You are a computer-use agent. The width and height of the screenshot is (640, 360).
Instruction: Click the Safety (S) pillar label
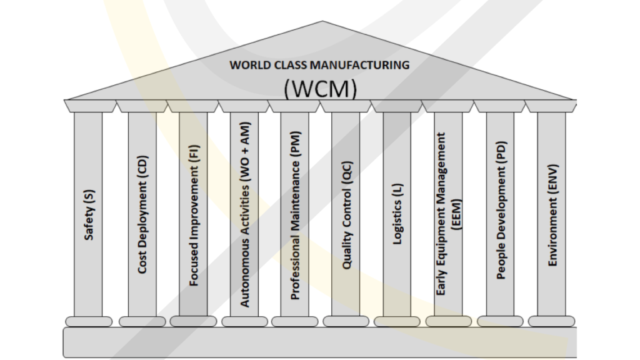tap(89, 216)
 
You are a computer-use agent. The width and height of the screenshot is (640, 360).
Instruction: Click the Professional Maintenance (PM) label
tap(295, 215)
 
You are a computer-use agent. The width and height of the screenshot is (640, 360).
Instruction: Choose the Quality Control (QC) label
tap(346, 216)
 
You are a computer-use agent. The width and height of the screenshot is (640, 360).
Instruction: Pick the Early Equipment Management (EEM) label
tap(449, 213)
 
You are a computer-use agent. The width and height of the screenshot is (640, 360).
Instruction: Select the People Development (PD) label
tap(500, 210)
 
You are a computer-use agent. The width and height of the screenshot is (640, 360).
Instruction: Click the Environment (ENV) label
tap(551, 216)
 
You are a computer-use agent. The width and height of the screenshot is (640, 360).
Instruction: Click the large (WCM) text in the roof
tap(320, 88)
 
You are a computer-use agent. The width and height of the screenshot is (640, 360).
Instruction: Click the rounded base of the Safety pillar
tap(88, 321)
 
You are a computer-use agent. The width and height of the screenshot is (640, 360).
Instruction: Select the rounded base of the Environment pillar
tap(551, 321)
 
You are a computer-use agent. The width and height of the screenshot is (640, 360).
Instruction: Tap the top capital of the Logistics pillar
tap(397, 106)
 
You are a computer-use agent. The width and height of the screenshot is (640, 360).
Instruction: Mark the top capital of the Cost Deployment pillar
tap(142, 106)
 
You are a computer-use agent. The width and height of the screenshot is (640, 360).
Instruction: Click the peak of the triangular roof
tap(322, 23)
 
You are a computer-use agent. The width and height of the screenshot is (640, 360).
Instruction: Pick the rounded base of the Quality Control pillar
tap(346, 321)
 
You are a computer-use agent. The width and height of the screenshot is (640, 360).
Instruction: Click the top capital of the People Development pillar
tap(499, 106)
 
